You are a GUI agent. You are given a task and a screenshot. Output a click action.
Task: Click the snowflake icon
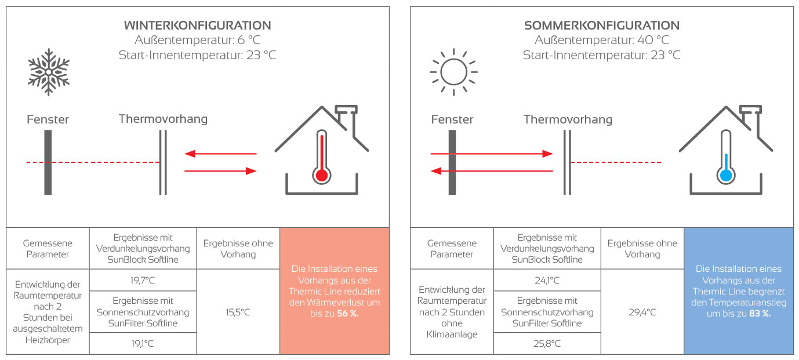[x=49, y=71]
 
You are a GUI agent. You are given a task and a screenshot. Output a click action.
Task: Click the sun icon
[x=453, y=71]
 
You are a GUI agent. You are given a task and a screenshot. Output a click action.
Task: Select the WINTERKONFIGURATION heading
[x=198, y=26]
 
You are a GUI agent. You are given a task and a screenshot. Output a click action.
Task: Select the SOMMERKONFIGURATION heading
[x=602, y=26]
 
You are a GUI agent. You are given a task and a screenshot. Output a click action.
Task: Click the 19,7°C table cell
[x=143, y=281]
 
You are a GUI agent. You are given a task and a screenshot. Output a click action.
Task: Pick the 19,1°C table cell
[x=143, y=343]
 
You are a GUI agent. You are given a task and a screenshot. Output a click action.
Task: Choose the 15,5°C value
[x=238, y=312]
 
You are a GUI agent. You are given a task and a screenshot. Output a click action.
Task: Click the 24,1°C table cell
[x=547, y=281]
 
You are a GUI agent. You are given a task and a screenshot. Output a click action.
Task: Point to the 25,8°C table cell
[x=547, y=343]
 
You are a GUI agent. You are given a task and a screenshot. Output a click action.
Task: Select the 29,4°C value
[x=642, y=312]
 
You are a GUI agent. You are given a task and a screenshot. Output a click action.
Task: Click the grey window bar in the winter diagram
[x=48, y=162]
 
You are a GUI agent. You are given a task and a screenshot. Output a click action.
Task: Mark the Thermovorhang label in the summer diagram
[x=568, y=119]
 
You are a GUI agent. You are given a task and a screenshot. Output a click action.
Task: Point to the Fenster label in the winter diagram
[x=48, y=120]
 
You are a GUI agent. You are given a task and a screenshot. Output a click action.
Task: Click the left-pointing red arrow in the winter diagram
[x=220, y=154]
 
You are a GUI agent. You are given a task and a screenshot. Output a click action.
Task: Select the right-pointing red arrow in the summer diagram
[x=492, y=154]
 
